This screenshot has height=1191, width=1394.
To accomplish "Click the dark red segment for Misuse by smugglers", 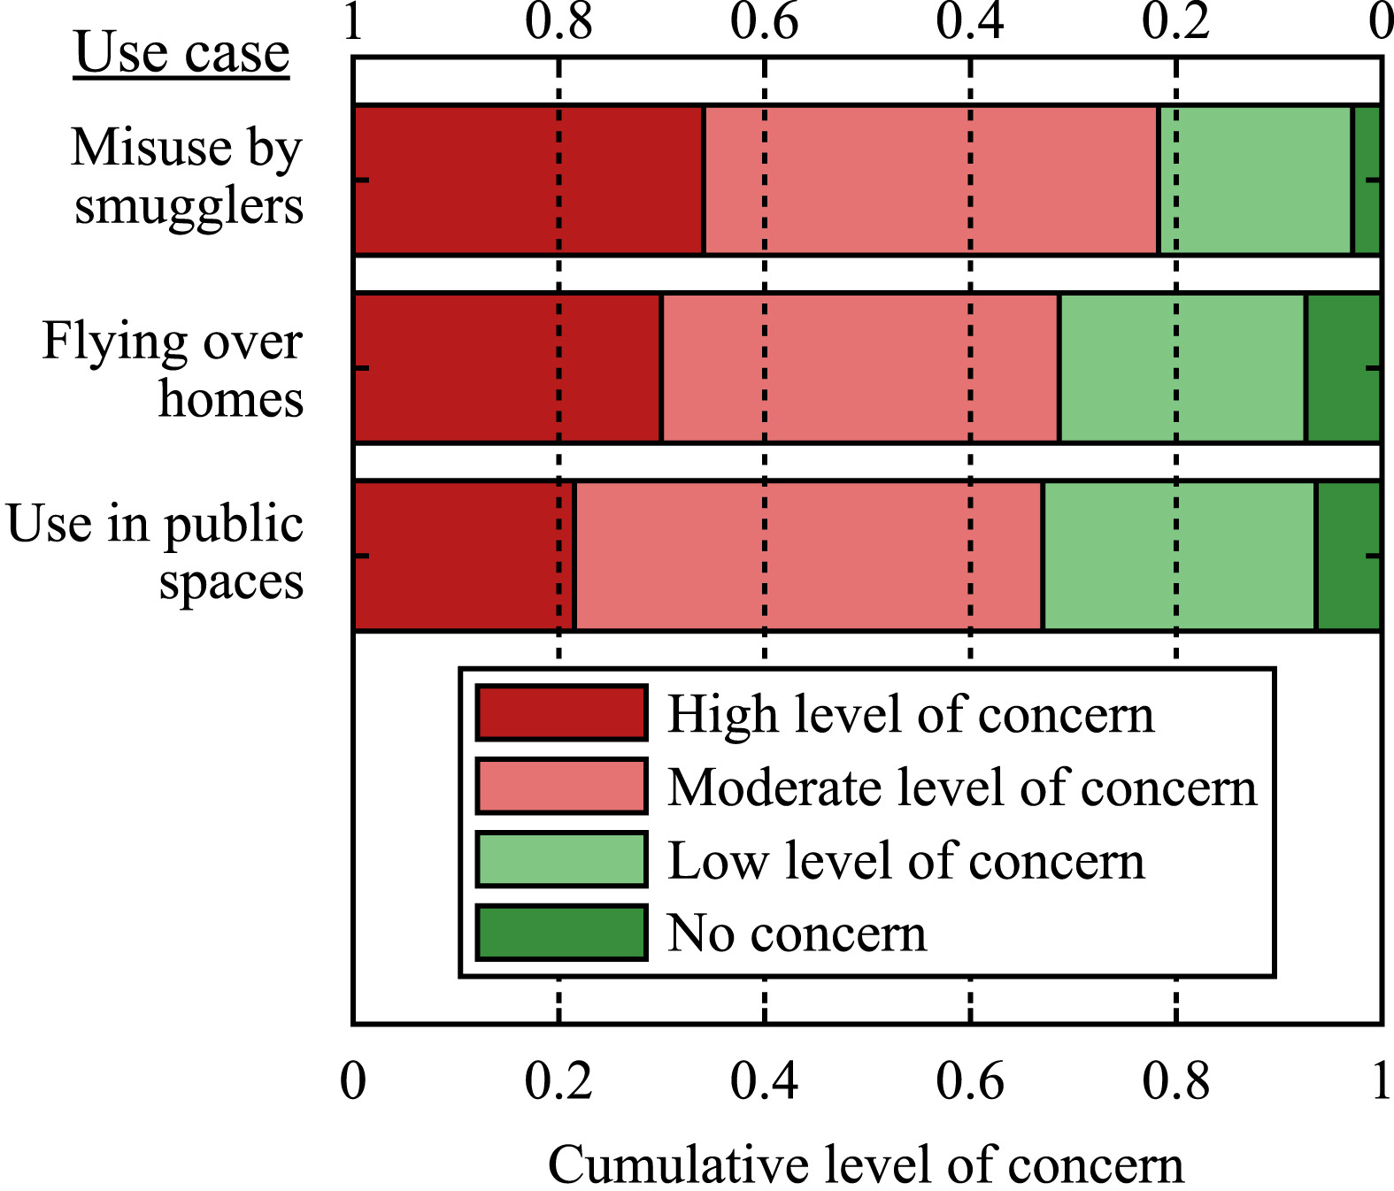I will click(528, 180).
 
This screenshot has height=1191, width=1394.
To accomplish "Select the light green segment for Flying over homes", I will click(1182, 367).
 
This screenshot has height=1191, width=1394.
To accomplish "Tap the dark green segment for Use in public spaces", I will click(1348, 556).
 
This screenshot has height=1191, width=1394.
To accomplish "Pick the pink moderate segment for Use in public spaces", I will click(808, 556).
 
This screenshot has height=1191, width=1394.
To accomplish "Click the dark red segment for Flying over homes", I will click(507, 367).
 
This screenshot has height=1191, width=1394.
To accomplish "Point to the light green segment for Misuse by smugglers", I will click(1255, 180).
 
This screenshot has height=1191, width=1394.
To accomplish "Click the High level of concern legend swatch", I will click(561, 712).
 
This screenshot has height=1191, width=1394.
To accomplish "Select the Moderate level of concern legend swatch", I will click(561, 786).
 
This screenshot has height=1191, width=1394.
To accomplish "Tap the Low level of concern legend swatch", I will click(561, 859).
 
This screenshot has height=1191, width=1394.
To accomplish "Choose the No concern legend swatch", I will click(561, 933).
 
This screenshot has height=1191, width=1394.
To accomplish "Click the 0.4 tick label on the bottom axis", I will click(764, 1081).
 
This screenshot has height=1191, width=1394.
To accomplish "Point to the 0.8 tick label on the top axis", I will click(558, 21).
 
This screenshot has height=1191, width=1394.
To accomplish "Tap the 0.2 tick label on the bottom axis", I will click(558, 1081).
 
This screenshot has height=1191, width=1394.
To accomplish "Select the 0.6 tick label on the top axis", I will click(764, 21).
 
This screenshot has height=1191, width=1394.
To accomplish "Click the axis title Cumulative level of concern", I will click(866, 1164).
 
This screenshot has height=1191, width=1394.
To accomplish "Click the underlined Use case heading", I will click(181, 53).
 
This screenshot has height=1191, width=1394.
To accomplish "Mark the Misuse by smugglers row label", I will click(188, 176).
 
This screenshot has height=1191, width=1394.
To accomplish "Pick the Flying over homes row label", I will click(173, 369).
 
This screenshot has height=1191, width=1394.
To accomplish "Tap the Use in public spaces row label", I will click(156, 552).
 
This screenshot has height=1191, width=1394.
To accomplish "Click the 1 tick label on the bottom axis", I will click(1380, 1081).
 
